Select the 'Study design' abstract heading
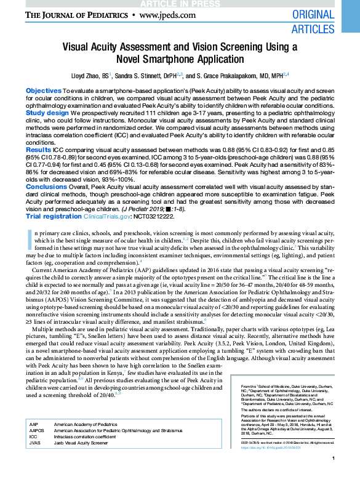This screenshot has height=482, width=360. click(x=47, y=113)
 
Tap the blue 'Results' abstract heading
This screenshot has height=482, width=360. click(x=38, y=150)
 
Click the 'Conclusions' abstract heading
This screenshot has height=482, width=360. click(x=46, y=186)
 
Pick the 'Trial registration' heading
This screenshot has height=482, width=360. click(x=53, y=216)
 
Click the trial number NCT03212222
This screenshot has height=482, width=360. click(x=156, y=216)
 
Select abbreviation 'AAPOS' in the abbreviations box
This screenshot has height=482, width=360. click(x=38, y=430)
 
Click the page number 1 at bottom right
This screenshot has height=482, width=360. click(x=332, y=476)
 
